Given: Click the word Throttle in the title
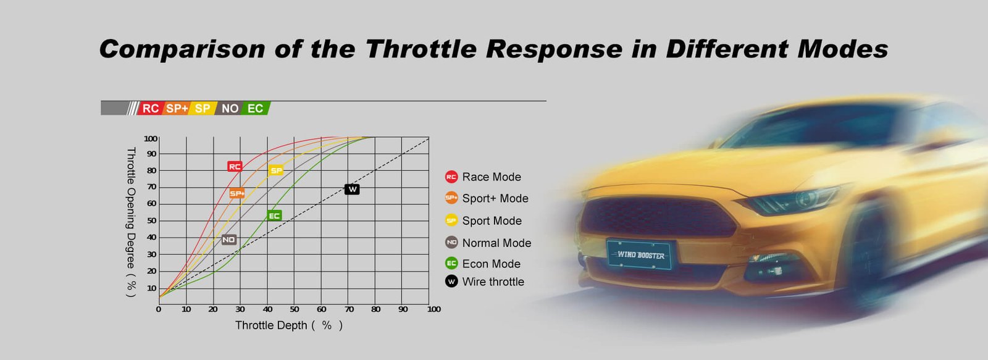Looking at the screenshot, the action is [421, 49].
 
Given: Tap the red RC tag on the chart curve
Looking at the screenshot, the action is [235, 166].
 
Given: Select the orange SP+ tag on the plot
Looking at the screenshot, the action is [237, 193].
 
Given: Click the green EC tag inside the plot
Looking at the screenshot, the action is [274, 216].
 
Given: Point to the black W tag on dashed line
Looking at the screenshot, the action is [352, 190].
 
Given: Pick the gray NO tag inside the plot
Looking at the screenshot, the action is [229, 240].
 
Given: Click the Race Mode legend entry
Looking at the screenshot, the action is [484, 177].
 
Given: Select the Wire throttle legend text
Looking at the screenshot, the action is [493, 282].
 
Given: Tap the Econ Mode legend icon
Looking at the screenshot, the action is [451, 264].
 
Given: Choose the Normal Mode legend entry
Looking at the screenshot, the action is [488, 243].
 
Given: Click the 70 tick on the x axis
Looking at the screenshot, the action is [349, 309].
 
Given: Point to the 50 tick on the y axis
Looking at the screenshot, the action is [151, 220].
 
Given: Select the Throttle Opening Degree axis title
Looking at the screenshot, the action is [131, 222].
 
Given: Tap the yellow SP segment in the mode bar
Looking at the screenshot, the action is [203, 108].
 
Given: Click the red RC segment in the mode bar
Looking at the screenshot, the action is [151, 108].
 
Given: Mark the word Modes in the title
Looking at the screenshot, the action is [843, 49].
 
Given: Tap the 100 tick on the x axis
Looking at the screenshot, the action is [433, 309].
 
